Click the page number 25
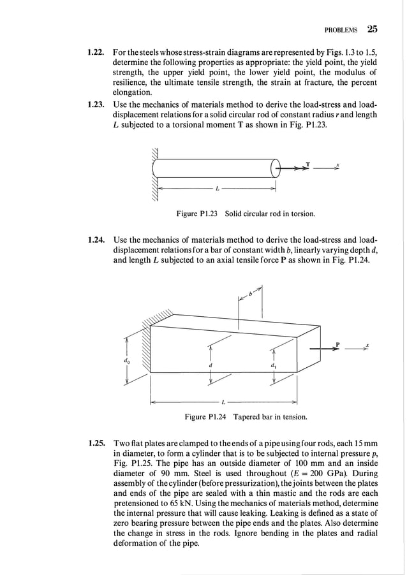(x=372, y=29)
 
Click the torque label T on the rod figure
(x=307, y=164)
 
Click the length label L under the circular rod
(x=218, y=189)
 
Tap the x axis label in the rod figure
(x=338, y=164)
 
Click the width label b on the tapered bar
(x=251, y=294)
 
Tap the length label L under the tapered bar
(x=223, y=402)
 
